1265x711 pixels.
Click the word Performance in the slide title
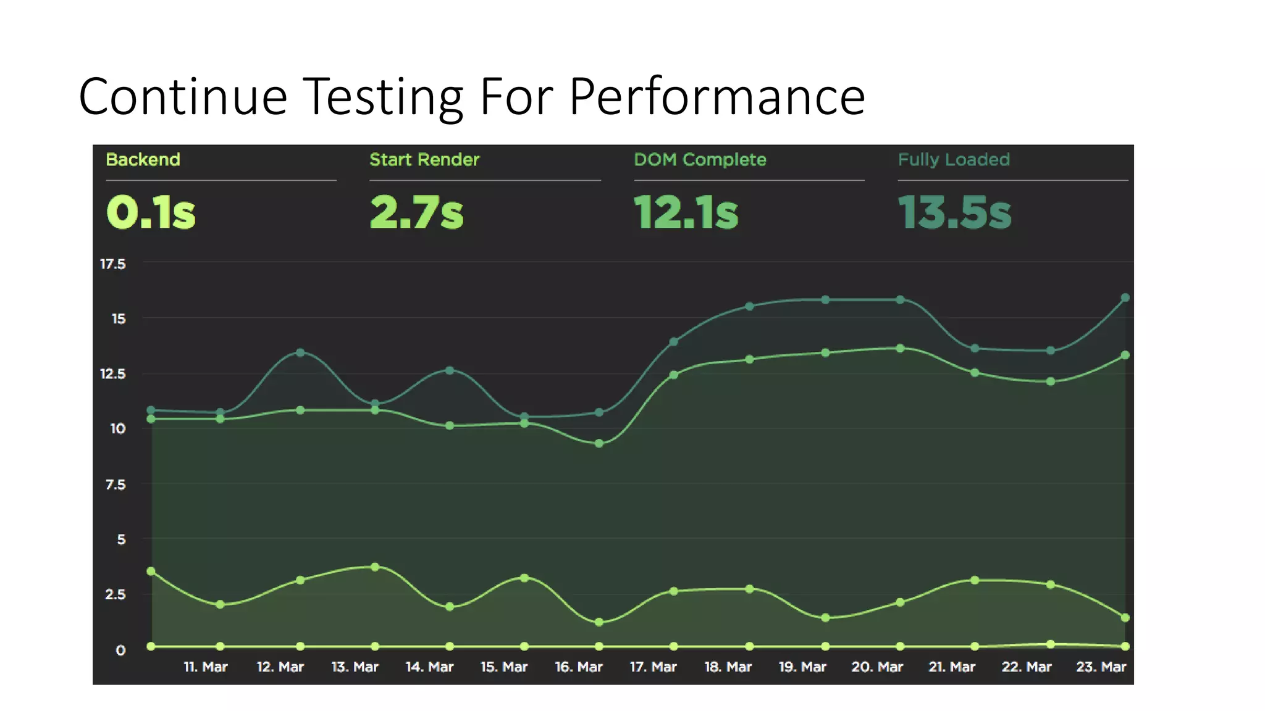tap(717, 97)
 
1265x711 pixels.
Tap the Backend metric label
tap(143, 160)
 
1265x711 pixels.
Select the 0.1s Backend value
tap(151, 212)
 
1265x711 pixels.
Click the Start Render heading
tap(424, 160)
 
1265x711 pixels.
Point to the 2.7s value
tap(416, 212)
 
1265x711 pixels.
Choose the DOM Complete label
tap(700, 160)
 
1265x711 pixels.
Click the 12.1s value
tap(686, 212)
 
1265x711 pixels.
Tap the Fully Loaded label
tap(954, 160)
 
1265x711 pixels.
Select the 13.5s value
tap(954, 212)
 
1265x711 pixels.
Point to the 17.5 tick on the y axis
tap(113, 264)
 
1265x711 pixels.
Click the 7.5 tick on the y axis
tap(116, 484)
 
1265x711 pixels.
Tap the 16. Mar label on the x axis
tap(579, 667)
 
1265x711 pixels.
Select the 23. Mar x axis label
tap(1101, 667)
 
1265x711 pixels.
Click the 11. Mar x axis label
tap(206, 667)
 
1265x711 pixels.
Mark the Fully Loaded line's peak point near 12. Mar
tap(300, 352)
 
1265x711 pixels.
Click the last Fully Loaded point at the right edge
tap(1125, 297)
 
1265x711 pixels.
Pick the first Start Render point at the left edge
tap(151, 572)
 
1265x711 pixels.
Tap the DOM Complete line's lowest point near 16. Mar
tap(599, 444)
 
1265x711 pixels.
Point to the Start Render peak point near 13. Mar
tap(375, 567)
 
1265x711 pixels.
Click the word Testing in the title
tap(384, 97)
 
